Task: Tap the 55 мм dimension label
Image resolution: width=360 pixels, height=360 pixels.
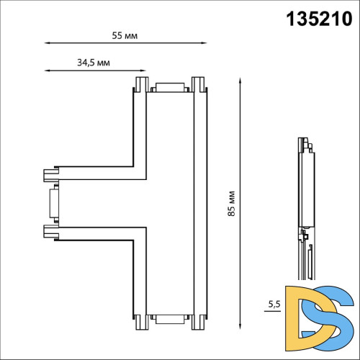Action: point(125,35)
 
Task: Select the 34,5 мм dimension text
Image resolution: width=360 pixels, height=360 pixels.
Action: point(93,63)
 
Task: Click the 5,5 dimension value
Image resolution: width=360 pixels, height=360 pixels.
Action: point(274,305)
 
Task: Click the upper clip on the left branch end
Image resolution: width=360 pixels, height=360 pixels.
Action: point(50,175)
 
